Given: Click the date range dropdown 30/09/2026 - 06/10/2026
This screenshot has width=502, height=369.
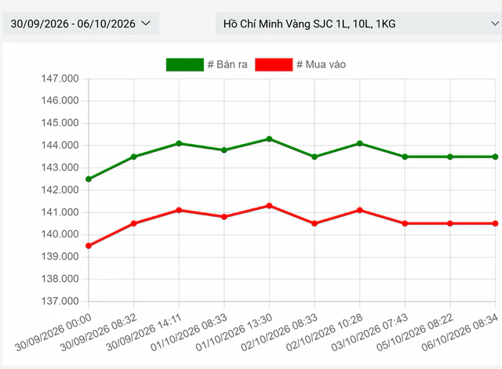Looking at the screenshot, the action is pos(81,24).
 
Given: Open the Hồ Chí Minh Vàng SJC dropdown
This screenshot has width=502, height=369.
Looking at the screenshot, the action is pos(358,24).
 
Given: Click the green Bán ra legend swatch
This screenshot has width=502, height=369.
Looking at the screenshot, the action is pos(185,64).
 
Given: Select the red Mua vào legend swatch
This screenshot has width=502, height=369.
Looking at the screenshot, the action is pos(274,64).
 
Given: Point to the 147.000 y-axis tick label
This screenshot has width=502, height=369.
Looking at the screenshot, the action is pos(60,78).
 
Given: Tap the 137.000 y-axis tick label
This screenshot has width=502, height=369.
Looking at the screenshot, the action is pos(60,301).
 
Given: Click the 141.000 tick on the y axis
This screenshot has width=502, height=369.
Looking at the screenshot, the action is pos(60,212).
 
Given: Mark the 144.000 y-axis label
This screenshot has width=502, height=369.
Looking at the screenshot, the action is pos(60,145).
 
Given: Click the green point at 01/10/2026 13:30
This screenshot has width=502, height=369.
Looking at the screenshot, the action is pos(269,139).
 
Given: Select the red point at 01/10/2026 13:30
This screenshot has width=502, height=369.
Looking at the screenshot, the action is pos(269,205).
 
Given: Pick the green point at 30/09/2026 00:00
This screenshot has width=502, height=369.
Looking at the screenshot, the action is pos(89,179).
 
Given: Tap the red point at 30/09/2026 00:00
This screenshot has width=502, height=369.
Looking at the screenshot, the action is pos(89,246).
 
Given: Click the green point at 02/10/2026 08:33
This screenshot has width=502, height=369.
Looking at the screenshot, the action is pos(315,157).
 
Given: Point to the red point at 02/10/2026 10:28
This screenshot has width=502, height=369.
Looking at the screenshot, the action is pos(359,210).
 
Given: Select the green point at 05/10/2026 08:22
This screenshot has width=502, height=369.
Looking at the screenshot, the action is pos(450,157).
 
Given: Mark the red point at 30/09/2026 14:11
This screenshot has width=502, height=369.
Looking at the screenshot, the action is pos(179,210).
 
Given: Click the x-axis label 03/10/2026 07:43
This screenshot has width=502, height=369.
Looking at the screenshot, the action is pos(369,332).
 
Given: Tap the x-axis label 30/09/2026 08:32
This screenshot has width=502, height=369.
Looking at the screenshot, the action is pos(99,332).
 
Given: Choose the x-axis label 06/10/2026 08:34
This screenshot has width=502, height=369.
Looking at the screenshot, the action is pos(460,332).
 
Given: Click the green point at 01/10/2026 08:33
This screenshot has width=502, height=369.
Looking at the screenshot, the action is pos(224,150).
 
